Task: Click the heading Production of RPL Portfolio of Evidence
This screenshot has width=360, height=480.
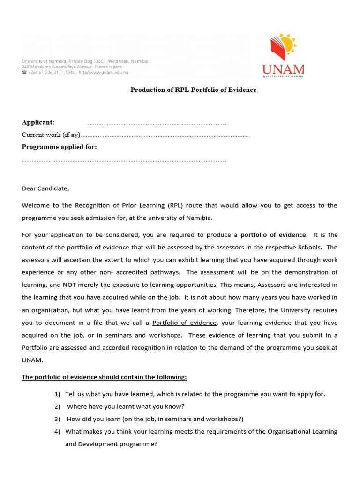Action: point(193,90)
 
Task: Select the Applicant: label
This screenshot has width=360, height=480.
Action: point(38,122)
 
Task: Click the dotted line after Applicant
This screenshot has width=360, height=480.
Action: point(157,123)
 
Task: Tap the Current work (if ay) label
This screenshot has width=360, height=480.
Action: point(52,135)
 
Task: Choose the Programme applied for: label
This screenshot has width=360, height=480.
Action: point(60,147)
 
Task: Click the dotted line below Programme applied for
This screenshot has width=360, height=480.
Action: point(124,160)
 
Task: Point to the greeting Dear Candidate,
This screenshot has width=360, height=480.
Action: point(45,188)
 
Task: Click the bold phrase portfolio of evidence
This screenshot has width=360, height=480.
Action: point(273,234)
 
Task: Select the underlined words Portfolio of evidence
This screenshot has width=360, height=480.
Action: point(185,322)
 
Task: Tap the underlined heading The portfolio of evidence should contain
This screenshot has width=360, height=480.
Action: point(104,377)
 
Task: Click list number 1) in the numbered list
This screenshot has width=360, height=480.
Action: point(58,394)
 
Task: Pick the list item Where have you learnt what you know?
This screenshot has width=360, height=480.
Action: point(126,406)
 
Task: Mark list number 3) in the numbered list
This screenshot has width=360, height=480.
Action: point(58,419)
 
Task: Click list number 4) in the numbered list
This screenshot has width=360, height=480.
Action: point(58,431)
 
